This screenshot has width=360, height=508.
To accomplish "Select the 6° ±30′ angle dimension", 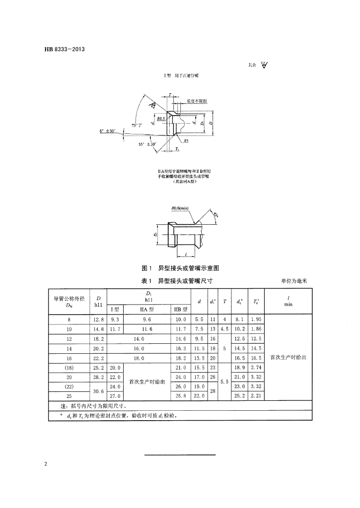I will coord(108,130).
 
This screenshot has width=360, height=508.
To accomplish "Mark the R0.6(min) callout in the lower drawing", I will coord(179,208).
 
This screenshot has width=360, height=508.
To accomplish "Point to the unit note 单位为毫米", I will coord(294,281).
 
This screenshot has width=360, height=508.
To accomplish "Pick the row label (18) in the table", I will coord(69,368).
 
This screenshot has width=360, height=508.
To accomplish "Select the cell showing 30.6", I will coord(98,391).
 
